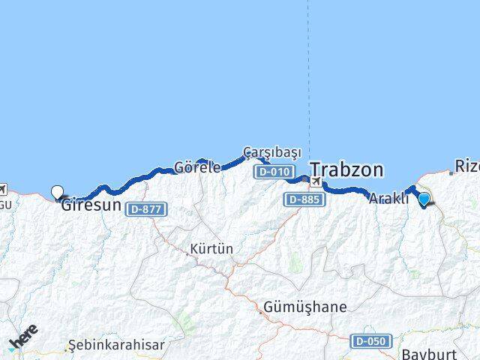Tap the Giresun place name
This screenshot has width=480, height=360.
tap(91, 203)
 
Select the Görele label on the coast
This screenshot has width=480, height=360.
tap(197, 167)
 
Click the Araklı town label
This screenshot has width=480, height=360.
tap(388, 199)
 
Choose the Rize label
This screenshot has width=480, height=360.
tap(467, 166)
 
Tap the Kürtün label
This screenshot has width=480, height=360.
tap(211, 248)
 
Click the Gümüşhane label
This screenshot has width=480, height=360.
tap(305, 307)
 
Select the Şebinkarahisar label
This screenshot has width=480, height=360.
tap(105, 345)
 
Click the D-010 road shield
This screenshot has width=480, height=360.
tap(272, 172)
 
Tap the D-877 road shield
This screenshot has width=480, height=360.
tap(144, 208)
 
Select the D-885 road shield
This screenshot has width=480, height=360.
tap(303, 199)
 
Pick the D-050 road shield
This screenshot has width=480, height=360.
tap(371, 341)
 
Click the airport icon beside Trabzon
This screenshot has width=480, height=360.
tap(316, 181)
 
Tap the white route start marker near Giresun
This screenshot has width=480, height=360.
tap(57, 192)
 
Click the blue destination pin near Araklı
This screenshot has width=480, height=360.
tap(424, 199)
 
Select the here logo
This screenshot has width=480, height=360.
tap(24, 337)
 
